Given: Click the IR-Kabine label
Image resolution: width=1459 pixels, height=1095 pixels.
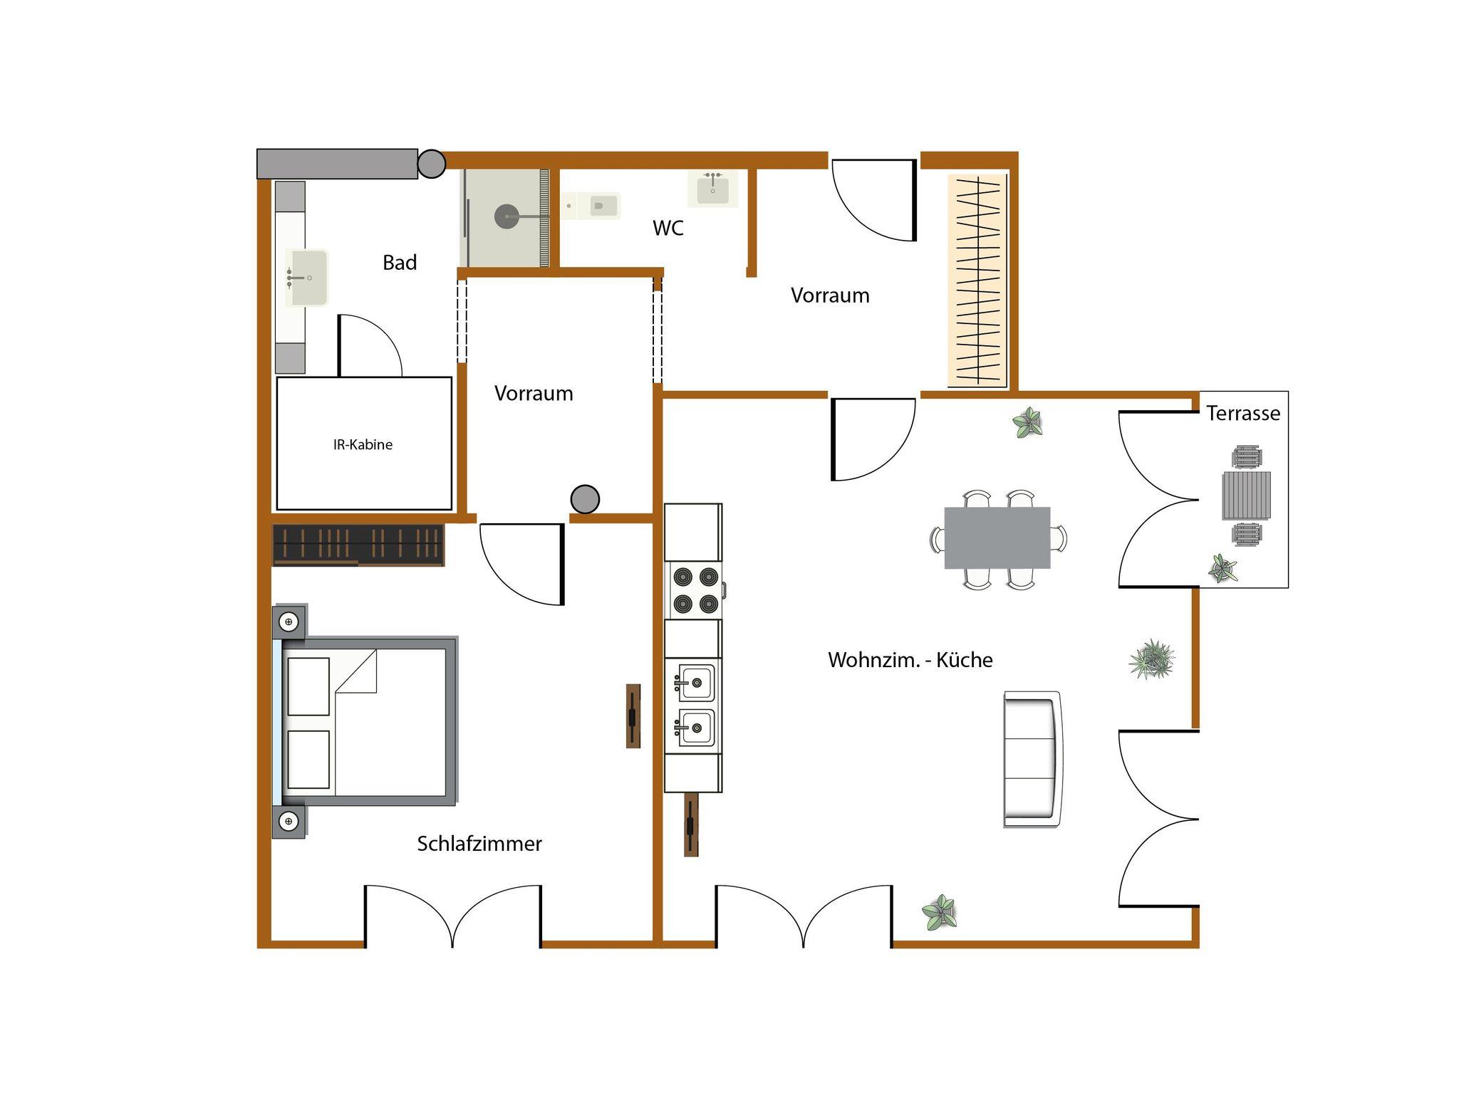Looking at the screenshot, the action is pos(363,444).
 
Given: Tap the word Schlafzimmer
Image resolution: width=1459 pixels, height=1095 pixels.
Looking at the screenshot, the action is pos(479,844).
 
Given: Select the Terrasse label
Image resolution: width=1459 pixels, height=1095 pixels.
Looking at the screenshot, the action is pos(1243,413).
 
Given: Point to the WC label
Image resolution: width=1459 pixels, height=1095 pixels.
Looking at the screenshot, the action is pos(668,228).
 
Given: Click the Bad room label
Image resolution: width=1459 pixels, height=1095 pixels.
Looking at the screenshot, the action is pos(400,263).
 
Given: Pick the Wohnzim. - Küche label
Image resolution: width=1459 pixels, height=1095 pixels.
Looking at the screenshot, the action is pos(910,660).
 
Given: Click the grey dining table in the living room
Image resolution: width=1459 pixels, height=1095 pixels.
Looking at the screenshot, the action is pos(997,538).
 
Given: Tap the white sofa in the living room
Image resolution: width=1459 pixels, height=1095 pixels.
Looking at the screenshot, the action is pos(1032,759).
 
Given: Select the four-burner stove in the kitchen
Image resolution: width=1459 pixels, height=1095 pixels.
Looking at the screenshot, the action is pos(695,590).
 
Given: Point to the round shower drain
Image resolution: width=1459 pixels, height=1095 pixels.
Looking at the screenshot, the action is pos(507,216).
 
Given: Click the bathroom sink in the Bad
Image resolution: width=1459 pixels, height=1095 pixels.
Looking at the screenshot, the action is pos(306,277).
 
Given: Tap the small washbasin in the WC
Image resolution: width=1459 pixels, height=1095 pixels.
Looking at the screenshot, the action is pos(712,188).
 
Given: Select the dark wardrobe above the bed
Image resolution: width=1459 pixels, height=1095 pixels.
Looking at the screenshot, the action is pos(358,545).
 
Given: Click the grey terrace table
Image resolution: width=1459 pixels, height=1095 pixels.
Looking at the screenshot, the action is pos(1247,496).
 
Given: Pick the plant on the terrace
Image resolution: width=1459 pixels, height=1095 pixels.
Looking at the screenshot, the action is pos(1223,568).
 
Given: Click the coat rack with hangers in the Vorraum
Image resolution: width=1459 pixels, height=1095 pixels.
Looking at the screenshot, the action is pos(977,281).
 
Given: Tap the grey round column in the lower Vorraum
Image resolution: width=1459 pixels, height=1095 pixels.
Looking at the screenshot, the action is pos(585,499).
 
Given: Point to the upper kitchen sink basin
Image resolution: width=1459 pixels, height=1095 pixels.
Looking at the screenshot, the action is pos(695,683).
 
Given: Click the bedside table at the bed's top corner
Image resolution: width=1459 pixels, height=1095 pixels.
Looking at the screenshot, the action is pos(289,622).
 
